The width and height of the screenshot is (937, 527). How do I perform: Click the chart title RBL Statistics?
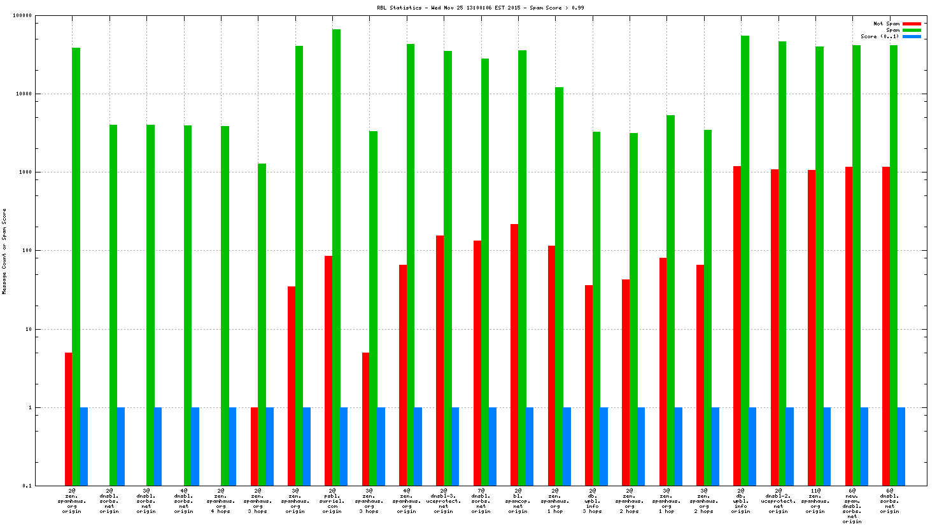click(x=481, y=8)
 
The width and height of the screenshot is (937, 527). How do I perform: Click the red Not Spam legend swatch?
click(x=912, y=24)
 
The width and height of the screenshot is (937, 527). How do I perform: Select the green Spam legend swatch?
click(x=912, y=30)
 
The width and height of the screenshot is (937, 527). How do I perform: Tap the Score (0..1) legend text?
click(x=880, y=36)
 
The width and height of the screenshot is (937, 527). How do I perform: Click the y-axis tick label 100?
click(x=27, y=251)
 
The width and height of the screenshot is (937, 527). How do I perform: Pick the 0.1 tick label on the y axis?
click(x=27, y=486)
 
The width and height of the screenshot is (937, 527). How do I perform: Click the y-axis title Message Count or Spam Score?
click(x=4, y=251)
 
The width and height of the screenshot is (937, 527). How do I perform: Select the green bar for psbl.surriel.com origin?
click(x=336, y=255)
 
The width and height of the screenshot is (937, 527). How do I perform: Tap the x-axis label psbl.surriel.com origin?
click(x=332, y=501)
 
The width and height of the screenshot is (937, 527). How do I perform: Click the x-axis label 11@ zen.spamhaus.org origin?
click(x=815, y=501)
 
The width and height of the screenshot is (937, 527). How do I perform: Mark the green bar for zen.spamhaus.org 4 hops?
click(x=225, y=306)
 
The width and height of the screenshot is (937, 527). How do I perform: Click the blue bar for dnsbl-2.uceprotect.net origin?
click(x=789, y=446)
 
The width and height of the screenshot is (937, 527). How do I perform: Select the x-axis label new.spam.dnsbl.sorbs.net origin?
click(x=852, y=506)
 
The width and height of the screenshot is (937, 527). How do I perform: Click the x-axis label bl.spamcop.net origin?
click(x=518, y=501)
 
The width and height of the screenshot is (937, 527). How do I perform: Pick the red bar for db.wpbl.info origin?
click(x=737, y=325)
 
